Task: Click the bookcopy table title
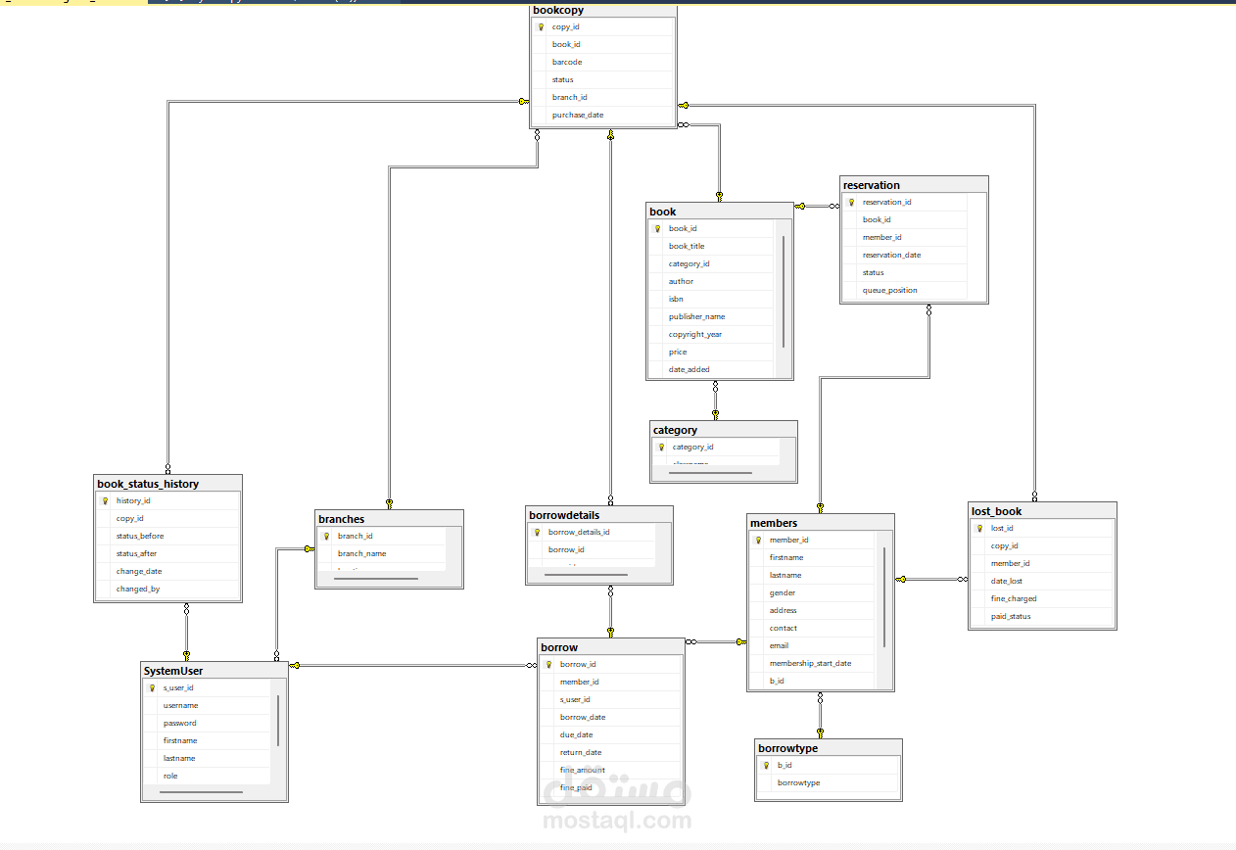558,11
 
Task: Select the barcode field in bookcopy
567,62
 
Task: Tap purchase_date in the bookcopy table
578,115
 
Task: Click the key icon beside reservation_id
851,203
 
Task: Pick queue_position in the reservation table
890,291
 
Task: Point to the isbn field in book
677,299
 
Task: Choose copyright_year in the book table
695,334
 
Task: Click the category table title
675,430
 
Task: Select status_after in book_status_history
136,553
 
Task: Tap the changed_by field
137,589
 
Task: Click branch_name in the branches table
362,553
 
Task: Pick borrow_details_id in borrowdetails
579,532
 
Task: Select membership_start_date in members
810,663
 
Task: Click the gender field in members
783,592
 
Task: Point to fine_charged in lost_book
1014,598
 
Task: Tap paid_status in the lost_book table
1011,616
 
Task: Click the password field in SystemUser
180,723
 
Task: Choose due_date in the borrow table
577,734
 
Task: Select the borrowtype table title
787,748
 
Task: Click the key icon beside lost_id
979,529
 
